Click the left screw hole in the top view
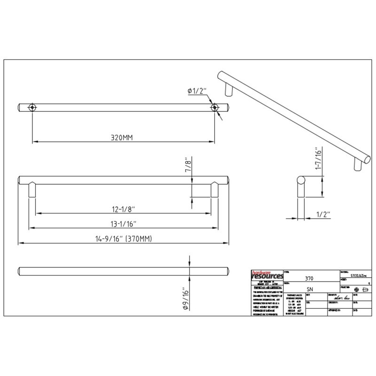coord(32,107)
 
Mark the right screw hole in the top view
coord(215,107)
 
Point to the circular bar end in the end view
coord(301,180)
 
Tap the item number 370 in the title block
coord(309,278)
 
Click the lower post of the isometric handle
coord(357,165)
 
